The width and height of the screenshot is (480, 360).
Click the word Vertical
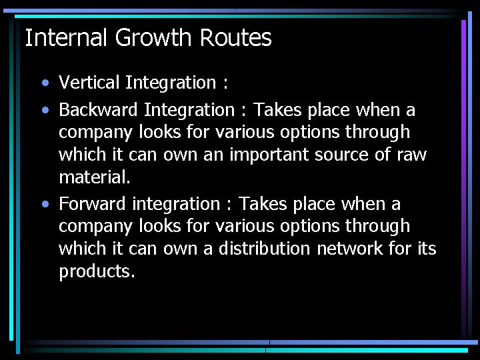[89, 83]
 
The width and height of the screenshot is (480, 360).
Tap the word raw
[413, 155]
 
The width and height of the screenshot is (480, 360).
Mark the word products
[97, 272]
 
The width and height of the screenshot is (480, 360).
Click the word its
[427, 249]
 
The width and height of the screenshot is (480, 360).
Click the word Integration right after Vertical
[171, 83]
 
